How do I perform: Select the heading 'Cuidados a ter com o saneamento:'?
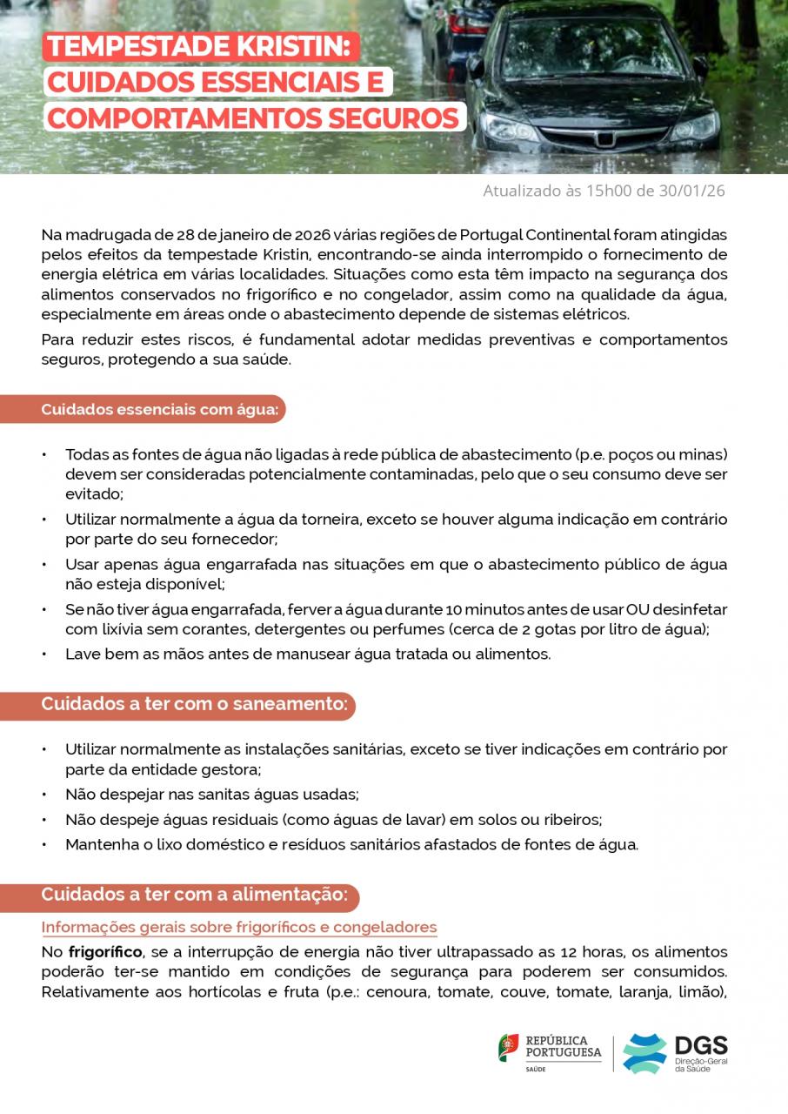[x=195, y=704]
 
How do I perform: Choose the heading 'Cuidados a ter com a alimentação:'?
[x=195, y=895]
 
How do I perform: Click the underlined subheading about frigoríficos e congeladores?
[x=239, y=927]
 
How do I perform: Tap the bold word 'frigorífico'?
[x=106, y=952]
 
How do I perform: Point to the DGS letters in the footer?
[x=701, y=1046]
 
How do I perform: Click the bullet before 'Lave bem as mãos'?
[x=44, y=654]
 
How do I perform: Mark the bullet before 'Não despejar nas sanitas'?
[x=44, y=795]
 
